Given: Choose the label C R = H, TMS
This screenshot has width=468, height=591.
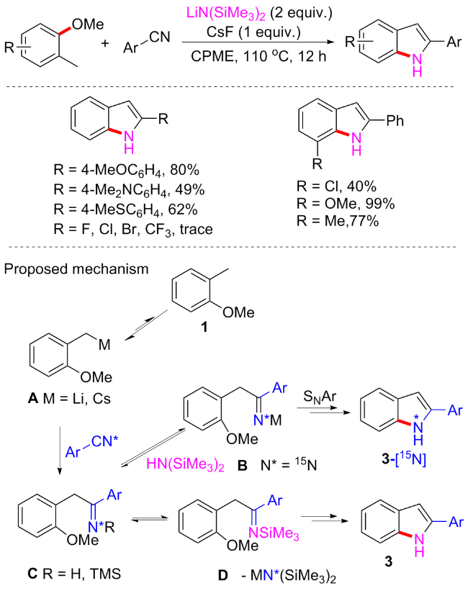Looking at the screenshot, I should (65, 574).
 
